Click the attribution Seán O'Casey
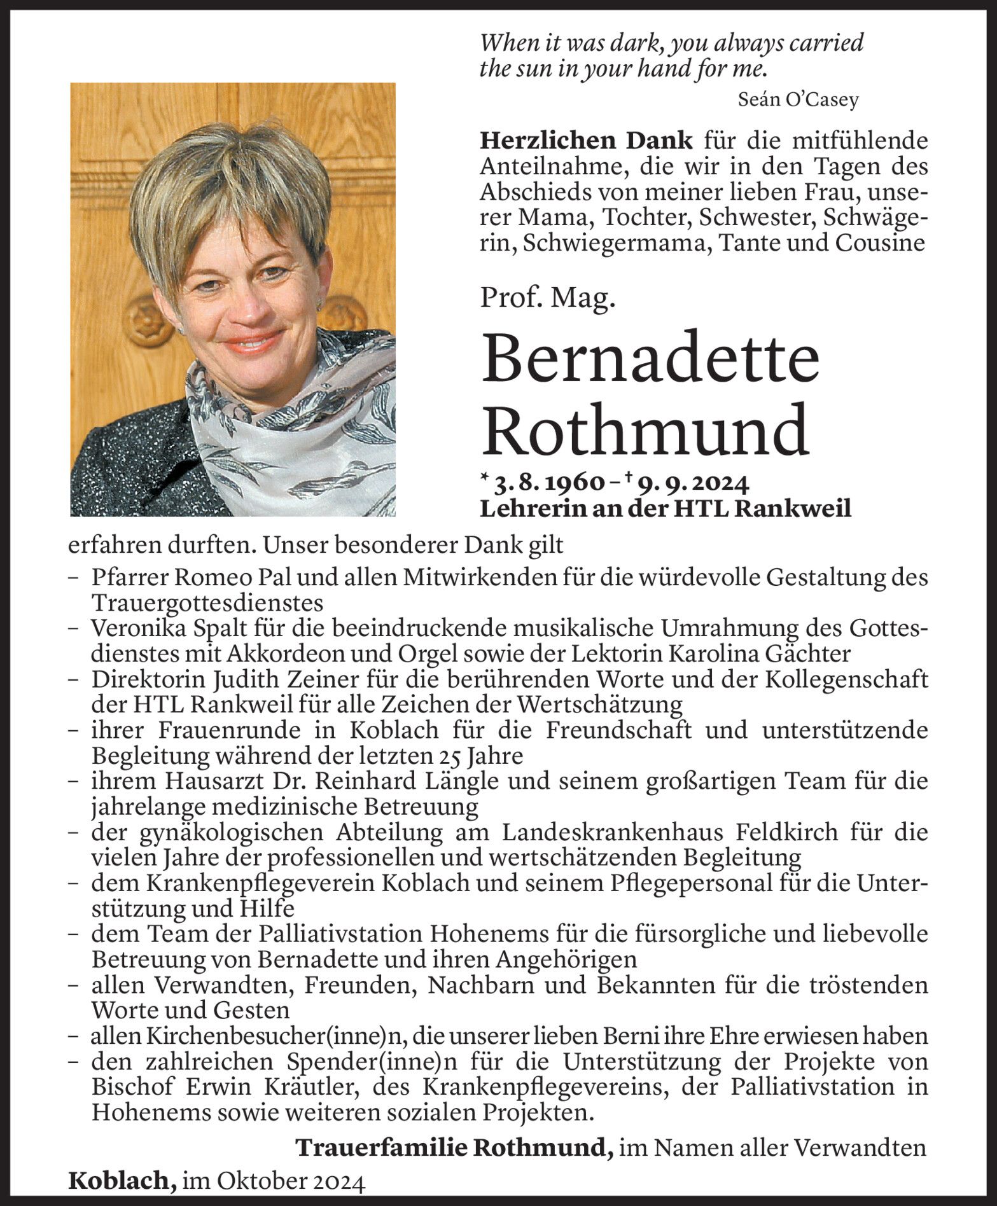coord(798,99)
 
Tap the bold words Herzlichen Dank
coord(585,141)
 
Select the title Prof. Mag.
coord(547,298)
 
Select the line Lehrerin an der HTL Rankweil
coord(665,509)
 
